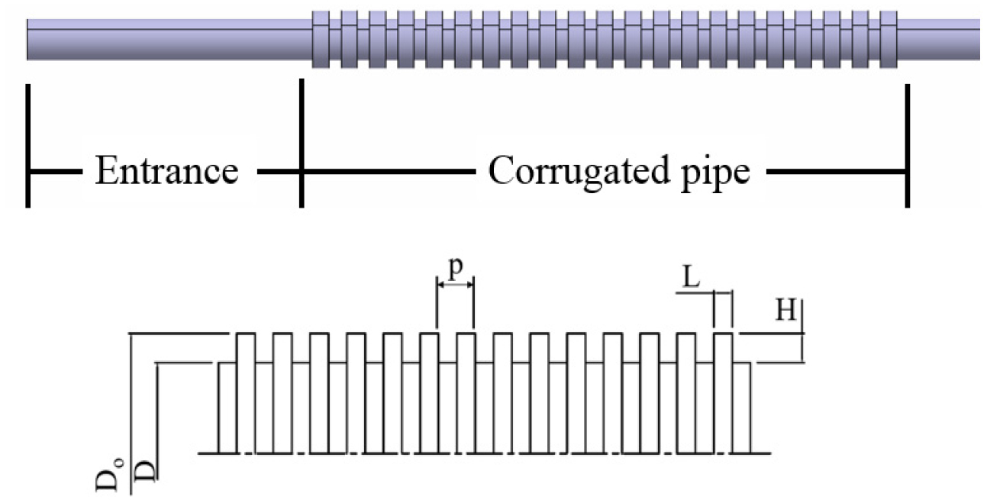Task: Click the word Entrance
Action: (166, 171)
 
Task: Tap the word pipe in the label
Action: (718, 173)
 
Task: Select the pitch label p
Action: (456, 269)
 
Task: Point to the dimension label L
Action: (691, 279)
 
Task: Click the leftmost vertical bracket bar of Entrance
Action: (28, 145)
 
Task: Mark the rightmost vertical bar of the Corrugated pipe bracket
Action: (907, 145)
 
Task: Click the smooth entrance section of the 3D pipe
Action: (168, 39)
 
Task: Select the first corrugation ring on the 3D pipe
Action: (321, 39)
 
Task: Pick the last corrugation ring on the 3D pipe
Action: (888, 39)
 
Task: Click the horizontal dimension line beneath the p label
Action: (456, 284)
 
